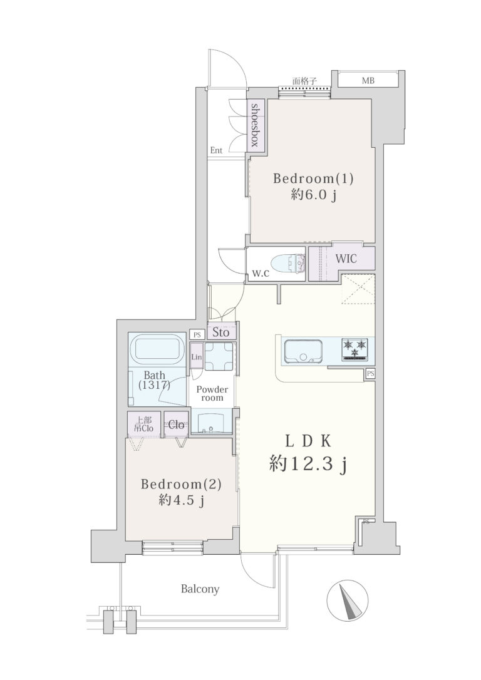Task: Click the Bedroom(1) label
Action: coord(313,178)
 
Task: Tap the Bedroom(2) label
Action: coord(181,484)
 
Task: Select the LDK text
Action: coord(308,441)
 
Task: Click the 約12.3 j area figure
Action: coord(308,465)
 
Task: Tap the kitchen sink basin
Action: coord(304,351)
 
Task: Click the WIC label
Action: coord(346,259)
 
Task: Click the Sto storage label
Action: coord(221,332)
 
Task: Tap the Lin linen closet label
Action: coord(197,357)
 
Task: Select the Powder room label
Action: coord(212,393)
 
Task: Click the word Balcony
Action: coord(200,589)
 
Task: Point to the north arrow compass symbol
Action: coord(347,600)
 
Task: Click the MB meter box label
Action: coord(368,81)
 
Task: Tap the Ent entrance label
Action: coord(217,150)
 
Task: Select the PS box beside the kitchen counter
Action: coord(370,373)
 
